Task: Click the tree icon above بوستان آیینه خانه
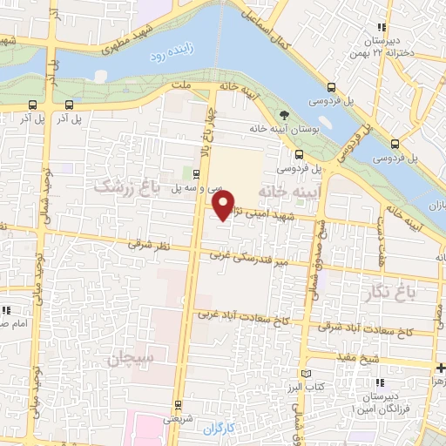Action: (283, 116)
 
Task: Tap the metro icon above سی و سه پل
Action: (196, 173)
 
